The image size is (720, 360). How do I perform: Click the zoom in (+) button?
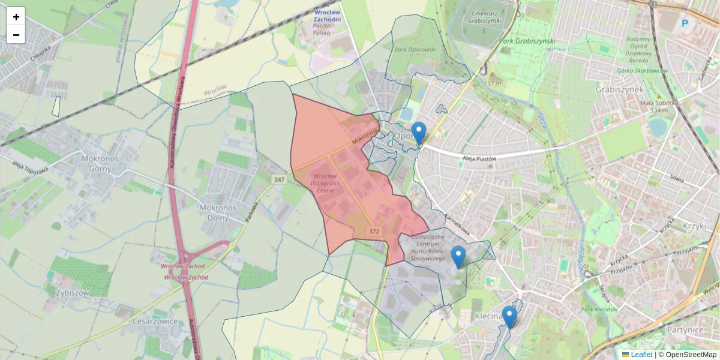point(16,17)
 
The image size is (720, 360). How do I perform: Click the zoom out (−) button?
point(16,35)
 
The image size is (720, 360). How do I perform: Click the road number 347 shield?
point(278,180)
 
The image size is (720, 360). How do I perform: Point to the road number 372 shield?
point(374,231)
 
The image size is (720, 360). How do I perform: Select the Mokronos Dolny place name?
point(218,212)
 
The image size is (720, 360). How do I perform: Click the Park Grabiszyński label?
point(527,41)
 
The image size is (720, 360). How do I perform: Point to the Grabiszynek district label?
point(619,89)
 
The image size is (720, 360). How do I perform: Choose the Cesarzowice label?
point(157,320)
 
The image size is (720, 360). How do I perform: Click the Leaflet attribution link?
point(641,355)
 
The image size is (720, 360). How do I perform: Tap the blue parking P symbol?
point(685,24)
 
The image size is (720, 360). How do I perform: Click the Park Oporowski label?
point(415,49)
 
